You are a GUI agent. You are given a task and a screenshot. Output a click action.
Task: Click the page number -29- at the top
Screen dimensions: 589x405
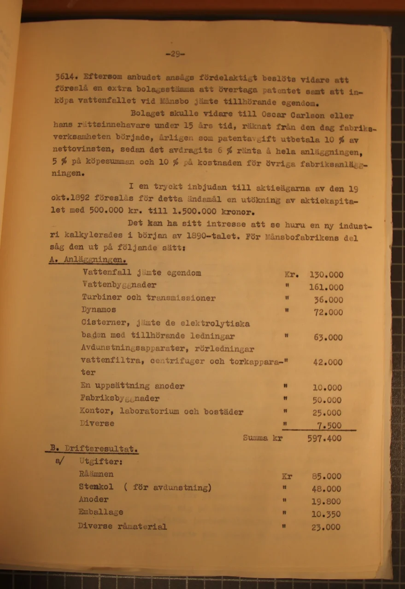pyautogui.click(x=175, y=54)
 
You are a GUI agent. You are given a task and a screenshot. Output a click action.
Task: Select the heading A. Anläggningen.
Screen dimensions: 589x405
pyautogui.click(x=88, y=260)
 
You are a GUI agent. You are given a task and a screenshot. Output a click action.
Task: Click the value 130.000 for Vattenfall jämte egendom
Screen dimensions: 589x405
pyautogui.click(x=326, y=275)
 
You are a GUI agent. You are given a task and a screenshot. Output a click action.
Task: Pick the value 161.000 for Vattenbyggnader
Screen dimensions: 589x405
pyautogui.click(x=326, y=288)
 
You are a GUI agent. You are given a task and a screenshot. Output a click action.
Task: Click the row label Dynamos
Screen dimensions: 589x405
pyautogui.click(x=98, y=310)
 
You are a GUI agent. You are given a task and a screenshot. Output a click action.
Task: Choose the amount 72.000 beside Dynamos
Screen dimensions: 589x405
pyautogui.click(x=328, y=312)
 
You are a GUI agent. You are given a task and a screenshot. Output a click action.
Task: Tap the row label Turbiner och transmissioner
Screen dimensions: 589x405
pyautogui.click(x=148, y=298)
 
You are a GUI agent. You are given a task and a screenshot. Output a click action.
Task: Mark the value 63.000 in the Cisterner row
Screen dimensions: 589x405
pyautogui.click(x=328, y=337)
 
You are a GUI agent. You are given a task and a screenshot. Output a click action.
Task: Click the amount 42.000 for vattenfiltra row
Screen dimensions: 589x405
pyautogui.click(x=328, y=363)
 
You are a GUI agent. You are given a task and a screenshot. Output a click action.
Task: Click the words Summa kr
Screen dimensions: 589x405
pyautogui.click(x=262, y=438)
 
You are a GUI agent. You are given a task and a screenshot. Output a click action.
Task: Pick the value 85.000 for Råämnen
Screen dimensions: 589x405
pyautogui.click(x=326, y=477)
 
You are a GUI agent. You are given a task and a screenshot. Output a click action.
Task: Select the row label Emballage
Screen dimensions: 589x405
pyautogui.click(x=100, y=512)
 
